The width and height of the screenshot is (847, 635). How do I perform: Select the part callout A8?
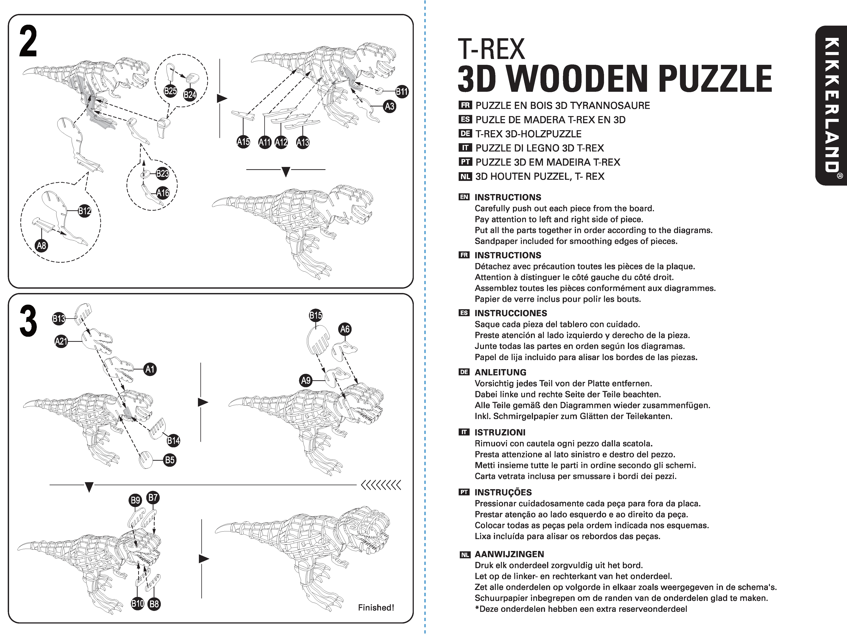[x=41, y=245]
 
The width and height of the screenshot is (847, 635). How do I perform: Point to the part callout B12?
[x=84, y=210]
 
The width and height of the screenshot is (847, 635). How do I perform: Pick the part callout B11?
[x=402, y=91]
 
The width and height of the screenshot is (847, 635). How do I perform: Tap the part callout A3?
[x=389, y=106]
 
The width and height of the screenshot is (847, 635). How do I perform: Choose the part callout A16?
[x=163, y=193]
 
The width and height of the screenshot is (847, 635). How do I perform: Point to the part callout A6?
[x=345, y=329]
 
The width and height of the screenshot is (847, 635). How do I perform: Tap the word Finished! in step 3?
[x=376, y=607]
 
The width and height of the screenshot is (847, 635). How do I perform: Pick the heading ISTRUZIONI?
[x=500, y=432]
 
